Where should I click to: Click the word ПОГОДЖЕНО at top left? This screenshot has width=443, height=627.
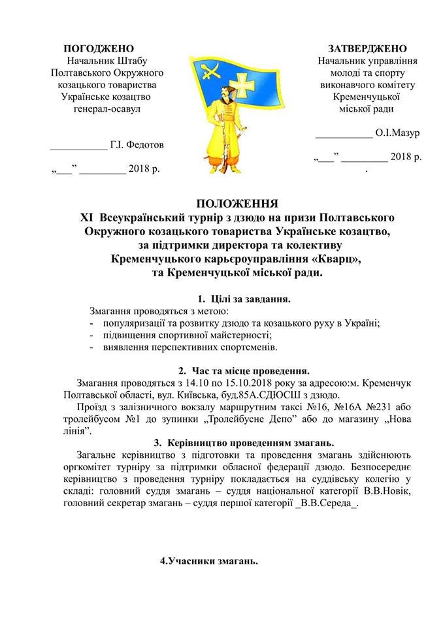(98, 49)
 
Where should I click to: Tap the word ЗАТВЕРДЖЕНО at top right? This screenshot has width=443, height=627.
(368, 49)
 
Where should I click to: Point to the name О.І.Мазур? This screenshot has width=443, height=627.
(397, 133)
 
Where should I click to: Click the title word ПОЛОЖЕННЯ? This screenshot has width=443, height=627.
(237, 202)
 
